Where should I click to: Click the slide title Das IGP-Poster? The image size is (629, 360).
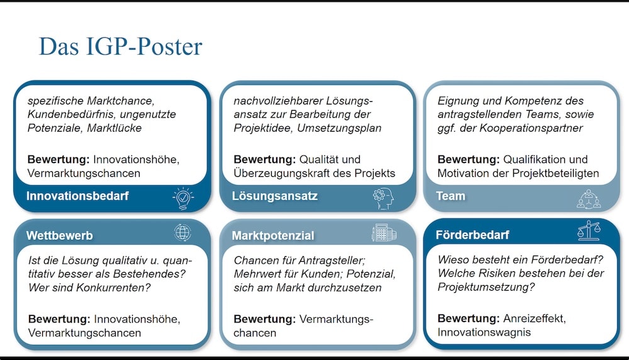pyautogui.click(x=120, y=47)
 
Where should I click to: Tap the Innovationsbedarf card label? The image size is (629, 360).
pyautogui.click(x=77, y=196)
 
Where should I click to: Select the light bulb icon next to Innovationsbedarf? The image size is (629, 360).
pyautogui.click(x=183, y=198)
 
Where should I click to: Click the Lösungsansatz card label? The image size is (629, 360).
pyautogui.click(x=275, y=196)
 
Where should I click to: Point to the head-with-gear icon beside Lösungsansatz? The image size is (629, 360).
pyautogui.click(x=383, y=198)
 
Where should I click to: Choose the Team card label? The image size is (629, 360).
pyautogui.click(x=450, y=196)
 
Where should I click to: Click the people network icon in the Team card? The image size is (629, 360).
pyautogui.click(x=589, y=199)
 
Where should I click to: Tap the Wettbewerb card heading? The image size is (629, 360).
pyautogui.click(x=59, y=235)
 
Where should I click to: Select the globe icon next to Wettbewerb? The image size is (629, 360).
pyautogui.click(x=182, y=233)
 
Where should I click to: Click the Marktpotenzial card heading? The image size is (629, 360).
pyautogui.click(x=273, y=235)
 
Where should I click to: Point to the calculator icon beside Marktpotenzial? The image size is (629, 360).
pyautogui.click(x=384, y=233)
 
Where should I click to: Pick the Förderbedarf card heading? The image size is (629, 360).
pyautogui.click(x=472, y=235)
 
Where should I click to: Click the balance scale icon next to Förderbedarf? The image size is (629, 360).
pyautogui.click(x=589, y=230)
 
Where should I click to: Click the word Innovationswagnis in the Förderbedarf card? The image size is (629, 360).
pyautogui.click(x=484, y=332)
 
